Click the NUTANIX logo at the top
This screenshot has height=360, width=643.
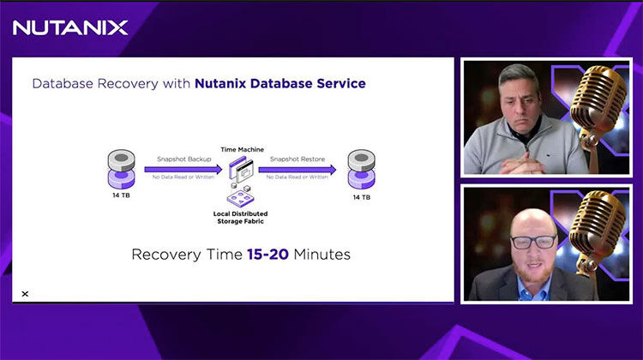click(x=70, y=27)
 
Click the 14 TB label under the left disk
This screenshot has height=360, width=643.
click(x=121, y=197)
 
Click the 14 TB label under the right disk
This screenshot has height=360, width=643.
click(x=361, y=197)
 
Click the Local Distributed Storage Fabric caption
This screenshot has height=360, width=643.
click(x=240, y=215)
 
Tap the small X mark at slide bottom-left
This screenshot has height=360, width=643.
click(x=25, y=294)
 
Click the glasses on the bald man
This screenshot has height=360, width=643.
click(x=534, y=242)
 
